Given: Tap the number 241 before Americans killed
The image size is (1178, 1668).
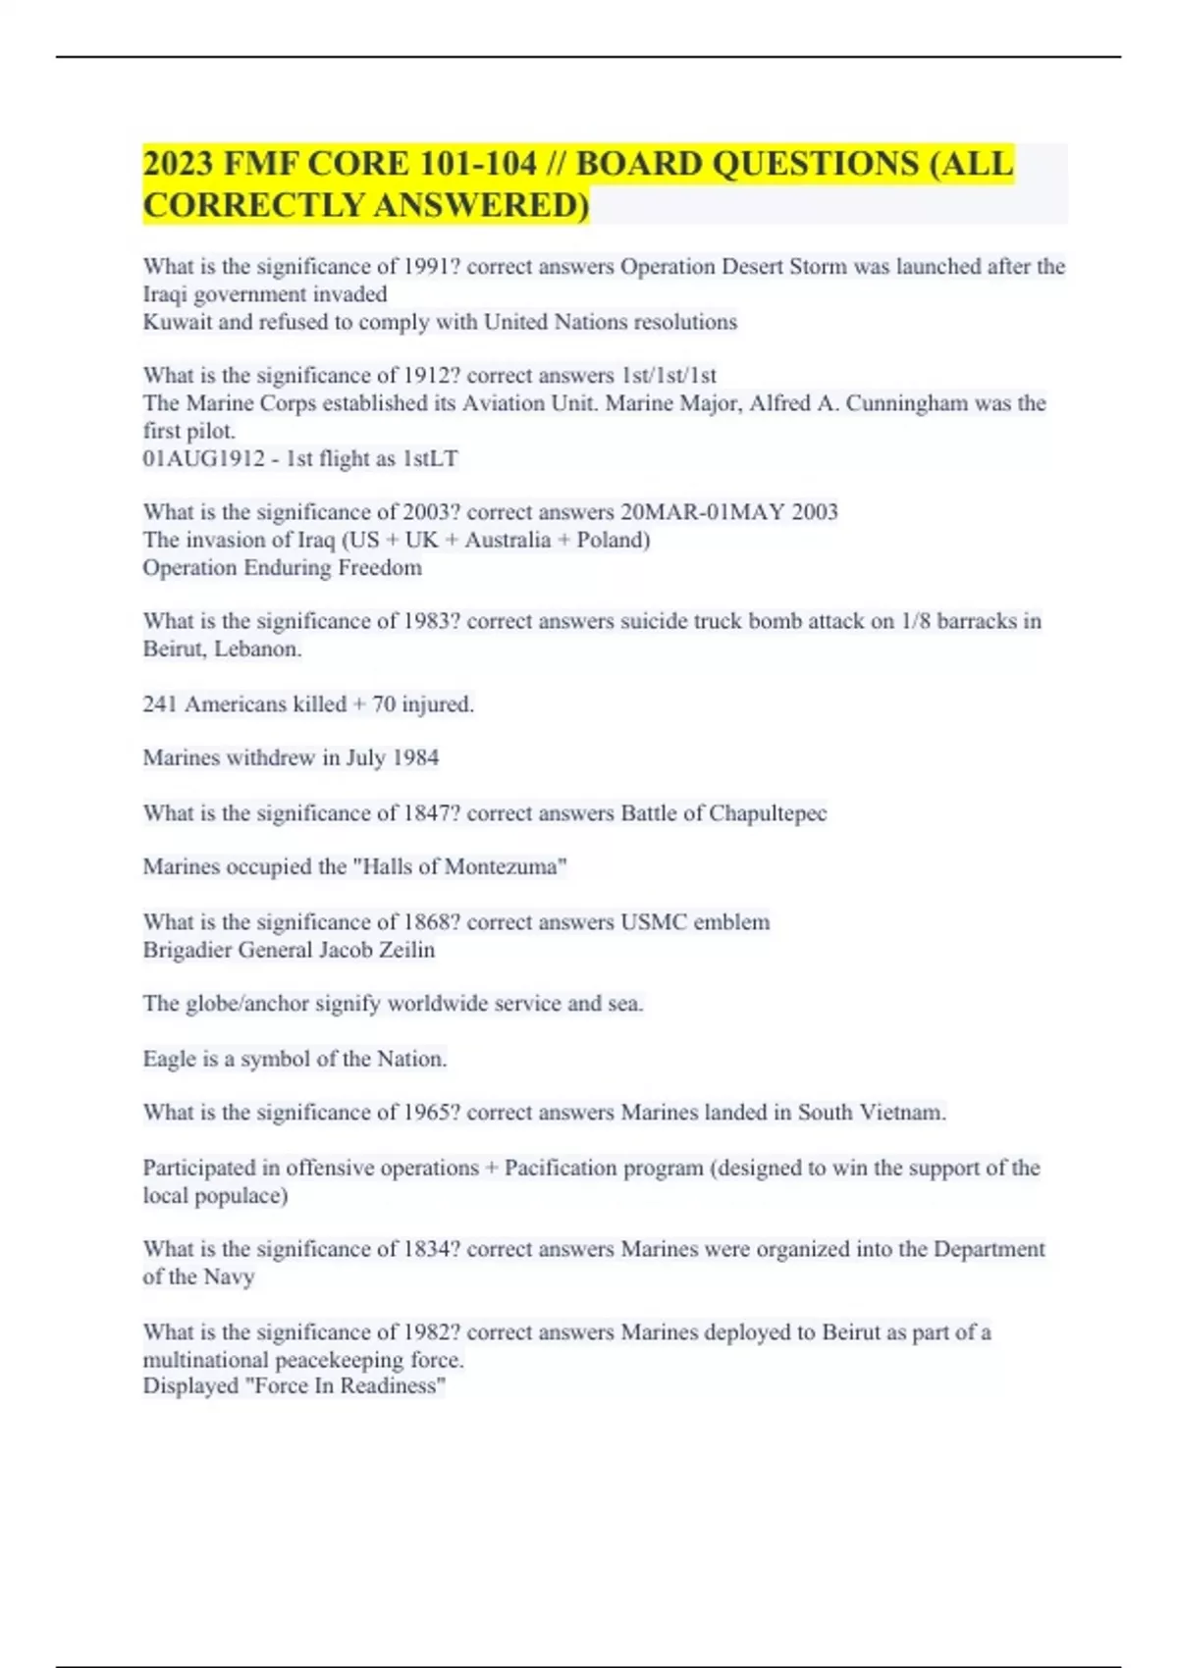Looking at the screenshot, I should (160, 704).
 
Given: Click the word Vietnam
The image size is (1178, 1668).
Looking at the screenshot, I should (902, 1113).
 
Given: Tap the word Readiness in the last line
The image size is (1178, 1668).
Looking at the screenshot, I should (392, 1385).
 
